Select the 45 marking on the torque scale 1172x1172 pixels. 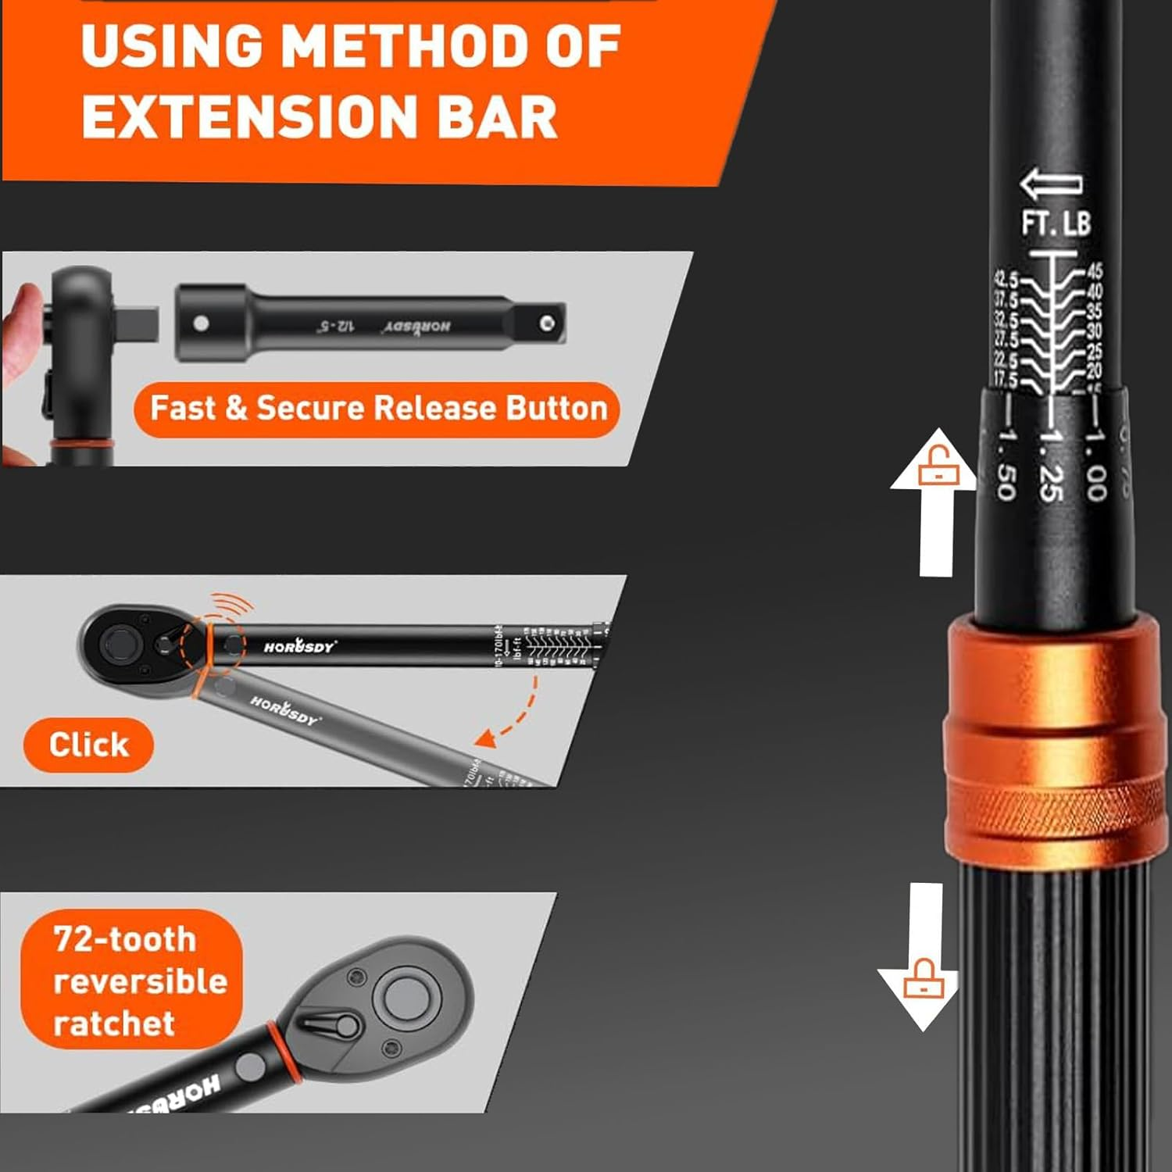pyautogui.click(x=1095, y=270)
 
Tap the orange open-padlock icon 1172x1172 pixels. pyautogui.click(x=934, y=468)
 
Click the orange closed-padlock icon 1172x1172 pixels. pyautogui.click(x=924, y=980)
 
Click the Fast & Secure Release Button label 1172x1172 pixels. pyautogui.click(x=378, y=409)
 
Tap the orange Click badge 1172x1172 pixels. pyautogui.click(x=88, y=745)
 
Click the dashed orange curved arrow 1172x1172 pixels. pyautogui.click(x=516, y=711)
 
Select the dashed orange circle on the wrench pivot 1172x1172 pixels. pyautogui.click(x=211, y=643)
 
